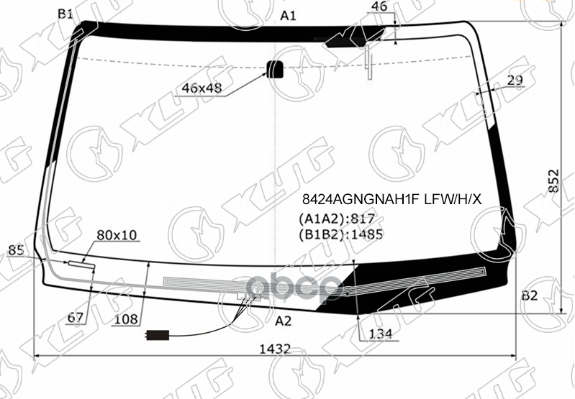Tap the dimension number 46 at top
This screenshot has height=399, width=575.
click(379, 8)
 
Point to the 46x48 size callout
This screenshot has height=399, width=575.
click(202, 88)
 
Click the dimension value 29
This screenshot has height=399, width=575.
click(515, 81)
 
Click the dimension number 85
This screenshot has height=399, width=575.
click(16, 251)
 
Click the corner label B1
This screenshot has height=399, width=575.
click(65, 14)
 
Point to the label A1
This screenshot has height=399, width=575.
click(289, 15)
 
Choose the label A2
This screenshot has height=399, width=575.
click(284, 321)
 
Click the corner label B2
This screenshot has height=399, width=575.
click(530, 295)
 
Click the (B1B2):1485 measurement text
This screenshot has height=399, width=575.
click(340, 233)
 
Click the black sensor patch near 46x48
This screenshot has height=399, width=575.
click(275, 70)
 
